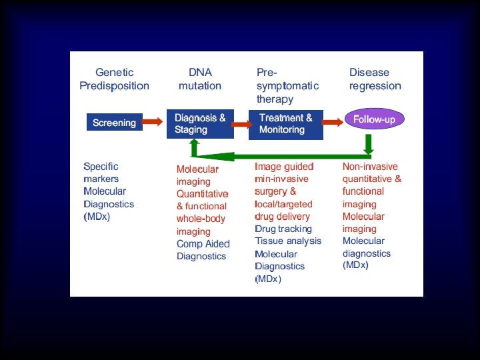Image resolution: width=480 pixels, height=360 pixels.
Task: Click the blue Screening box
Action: pos(114,123)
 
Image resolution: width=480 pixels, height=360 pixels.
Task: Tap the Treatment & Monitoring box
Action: pos(286,124)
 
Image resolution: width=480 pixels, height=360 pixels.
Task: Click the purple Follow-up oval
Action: pos(374,120)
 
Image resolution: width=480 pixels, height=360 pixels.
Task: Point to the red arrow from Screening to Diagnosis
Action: pos(153,121)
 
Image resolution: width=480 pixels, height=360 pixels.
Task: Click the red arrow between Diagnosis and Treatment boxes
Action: pos(237,121)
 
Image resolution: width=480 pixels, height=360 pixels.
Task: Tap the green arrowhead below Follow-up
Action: pos(369,145)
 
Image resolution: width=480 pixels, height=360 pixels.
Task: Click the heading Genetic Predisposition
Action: pos(115,79)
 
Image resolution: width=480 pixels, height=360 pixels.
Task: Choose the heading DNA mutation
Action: pos(200,79)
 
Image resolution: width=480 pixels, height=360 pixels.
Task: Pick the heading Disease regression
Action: pos(375,79)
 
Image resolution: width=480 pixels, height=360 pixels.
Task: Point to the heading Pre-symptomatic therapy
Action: pos(287,85)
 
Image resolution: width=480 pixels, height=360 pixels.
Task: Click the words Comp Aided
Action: pos(203,244)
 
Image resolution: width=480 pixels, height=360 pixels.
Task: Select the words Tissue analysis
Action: pos(287,241)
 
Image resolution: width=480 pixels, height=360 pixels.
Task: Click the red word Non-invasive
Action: pos(370,167)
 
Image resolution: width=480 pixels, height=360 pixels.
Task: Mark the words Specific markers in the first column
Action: pos(101,173)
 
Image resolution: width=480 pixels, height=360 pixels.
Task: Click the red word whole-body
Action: pos(201,219)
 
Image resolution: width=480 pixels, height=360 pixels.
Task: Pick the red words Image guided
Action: pos(284,167)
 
